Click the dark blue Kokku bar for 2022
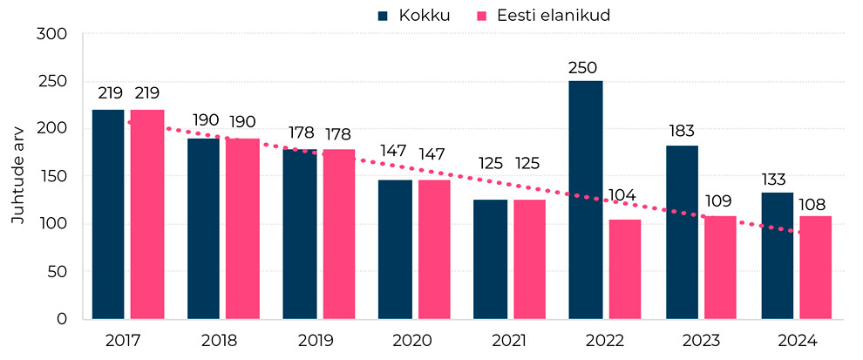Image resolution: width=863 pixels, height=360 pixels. point(585,200)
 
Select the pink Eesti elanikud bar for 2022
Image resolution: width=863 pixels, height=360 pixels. point(624,269)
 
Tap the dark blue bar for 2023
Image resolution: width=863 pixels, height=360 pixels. point(682,232)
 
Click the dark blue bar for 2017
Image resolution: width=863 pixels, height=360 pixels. point(107,214)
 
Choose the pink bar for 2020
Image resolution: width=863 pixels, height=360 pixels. point(433,249)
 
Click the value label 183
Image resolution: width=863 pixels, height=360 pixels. point(682,132)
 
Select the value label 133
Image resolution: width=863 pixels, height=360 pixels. point(777,180)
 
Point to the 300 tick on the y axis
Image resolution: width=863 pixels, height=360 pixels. point(54,34)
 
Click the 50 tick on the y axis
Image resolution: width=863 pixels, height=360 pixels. point(58,272)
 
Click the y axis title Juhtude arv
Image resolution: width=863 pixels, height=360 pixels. point(18,177)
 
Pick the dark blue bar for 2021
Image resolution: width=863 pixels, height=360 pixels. point(490,259)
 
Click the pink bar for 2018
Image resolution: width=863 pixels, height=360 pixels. point(242,228)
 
